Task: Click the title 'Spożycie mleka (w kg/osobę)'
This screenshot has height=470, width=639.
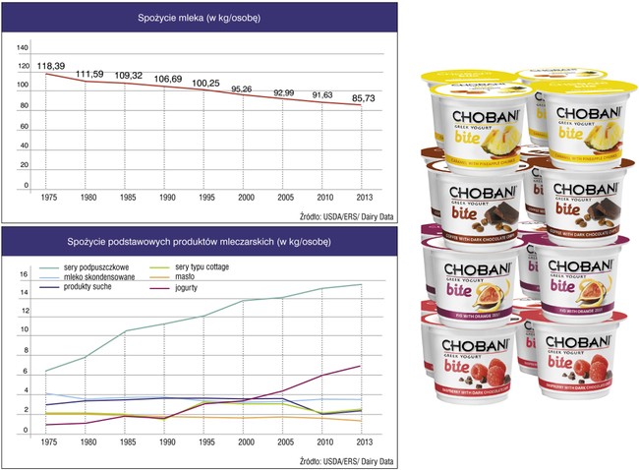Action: pos(204,18)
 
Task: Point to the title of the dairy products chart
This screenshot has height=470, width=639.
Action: pos(204,243)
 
